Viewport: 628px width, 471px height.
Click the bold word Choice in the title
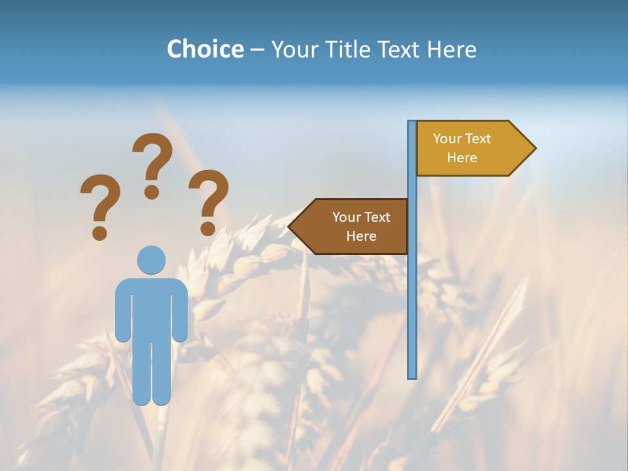point(205,49)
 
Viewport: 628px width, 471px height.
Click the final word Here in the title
point(451,49)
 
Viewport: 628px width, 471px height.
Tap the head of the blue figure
point(151,260)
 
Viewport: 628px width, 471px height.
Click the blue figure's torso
point(151,307)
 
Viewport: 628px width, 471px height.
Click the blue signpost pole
point(411,294)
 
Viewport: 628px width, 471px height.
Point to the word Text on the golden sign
point(478,139)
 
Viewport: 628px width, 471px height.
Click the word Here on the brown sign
point(361,236)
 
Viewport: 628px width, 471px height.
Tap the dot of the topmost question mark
point(152,192)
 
